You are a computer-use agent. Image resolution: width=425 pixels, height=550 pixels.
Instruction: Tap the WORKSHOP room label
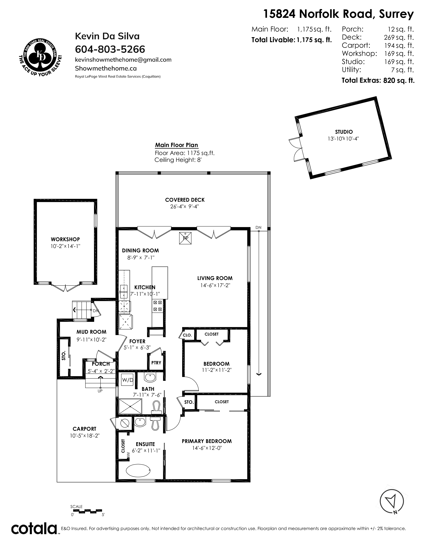(65, 239)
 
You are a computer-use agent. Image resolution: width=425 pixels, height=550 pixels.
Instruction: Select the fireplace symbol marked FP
(185, 238)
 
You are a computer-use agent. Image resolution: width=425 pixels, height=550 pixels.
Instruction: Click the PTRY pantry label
(156, 363)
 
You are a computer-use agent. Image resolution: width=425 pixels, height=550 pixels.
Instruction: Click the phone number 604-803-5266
(110, 49)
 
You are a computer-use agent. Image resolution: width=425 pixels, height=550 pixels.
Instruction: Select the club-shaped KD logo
(40, 55)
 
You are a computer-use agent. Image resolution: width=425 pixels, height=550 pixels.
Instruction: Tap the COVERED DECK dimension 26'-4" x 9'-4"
(185, 206)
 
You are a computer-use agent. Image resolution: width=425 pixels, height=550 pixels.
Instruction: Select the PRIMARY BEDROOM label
(207, 441)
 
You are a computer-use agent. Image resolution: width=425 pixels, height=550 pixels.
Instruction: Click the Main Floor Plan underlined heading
(176, 145)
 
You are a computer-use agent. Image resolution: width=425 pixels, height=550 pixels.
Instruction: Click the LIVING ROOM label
(215, 278)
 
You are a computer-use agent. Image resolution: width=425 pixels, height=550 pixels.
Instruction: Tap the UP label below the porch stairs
(100, 391)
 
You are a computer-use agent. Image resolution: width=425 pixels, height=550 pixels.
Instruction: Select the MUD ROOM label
(91, 332)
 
